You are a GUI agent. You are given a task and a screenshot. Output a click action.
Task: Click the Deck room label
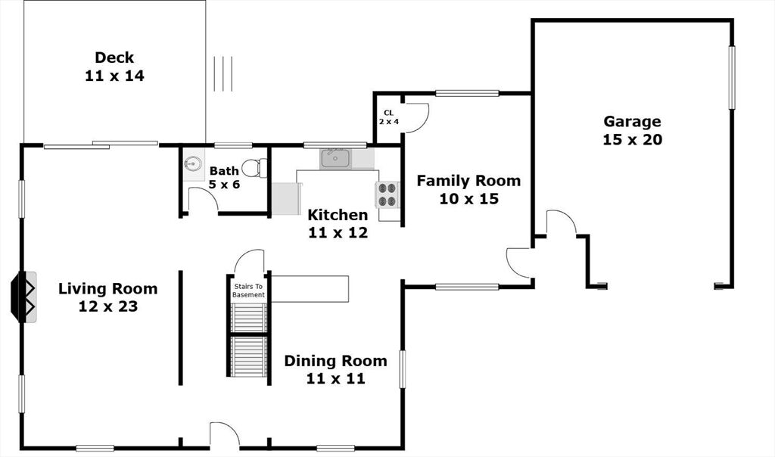point(114,66)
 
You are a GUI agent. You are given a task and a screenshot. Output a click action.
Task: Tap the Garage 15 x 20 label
point(632,130)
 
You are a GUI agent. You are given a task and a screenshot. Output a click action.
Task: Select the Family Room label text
point(468,189)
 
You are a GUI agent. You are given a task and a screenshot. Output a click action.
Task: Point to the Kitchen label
point(338,223)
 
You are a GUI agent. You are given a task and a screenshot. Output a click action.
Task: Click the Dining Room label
point(335,369)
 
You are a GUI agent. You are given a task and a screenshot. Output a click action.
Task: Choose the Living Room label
point(107,297)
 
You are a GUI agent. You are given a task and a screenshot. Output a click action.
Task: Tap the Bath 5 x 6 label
point(224,177)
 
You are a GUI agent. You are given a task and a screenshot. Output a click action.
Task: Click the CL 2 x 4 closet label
point(389,117)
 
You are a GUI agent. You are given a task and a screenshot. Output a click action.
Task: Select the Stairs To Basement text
point(248,291)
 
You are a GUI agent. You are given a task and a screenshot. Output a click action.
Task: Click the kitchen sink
point(335,159)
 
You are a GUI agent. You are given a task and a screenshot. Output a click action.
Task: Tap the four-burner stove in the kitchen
point(387,194)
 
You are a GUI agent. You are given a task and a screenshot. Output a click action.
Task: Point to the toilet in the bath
point(254,168)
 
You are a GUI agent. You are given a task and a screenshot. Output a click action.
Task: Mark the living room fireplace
point(23,297)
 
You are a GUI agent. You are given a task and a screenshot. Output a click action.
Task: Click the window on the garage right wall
point(732,77)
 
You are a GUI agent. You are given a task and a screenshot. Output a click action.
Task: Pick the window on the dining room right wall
point(403,369)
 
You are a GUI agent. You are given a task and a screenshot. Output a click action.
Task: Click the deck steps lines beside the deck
point(223,73)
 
